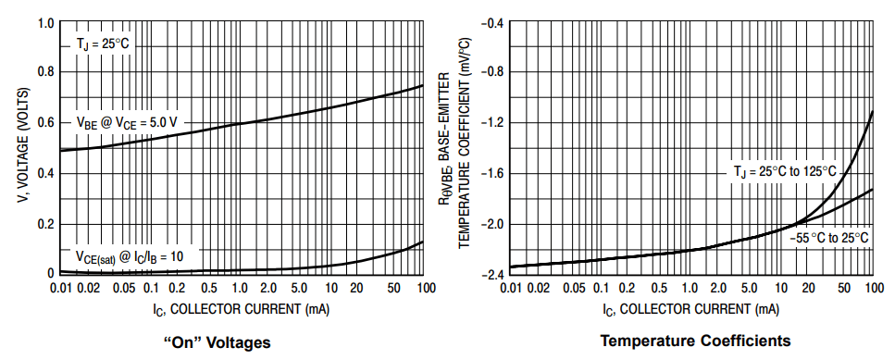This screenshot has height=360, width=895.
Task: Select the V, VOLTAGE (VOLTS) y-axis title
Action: pyautogui.click(x=19, y=148)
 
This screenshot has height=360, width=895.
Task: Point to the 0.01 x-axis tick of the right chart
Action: pyautogui.click(x=512, y=289)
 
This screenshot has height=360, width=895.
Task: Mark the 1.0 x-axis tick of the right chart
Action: pyautogui.click(x=691, y=289)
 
